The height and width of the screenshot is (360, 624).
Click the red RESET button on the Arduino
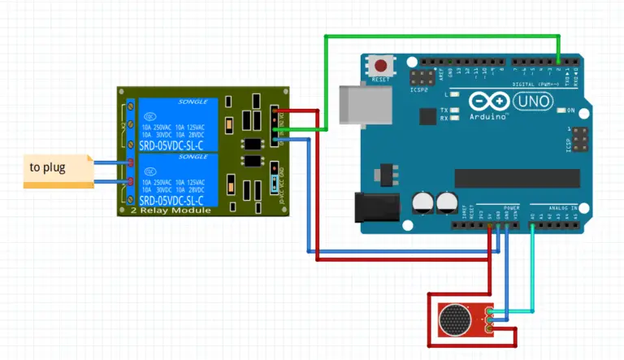coord(379,64)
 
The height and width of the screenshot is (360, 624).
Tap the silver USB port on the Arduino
coord(360,107)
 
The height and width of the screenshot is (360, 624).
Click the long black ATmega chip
coord(517,178)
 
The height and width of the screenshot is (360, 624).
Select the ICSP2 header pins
coord(421,79)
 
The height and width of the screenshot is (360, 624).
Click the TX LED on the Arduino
coord(454,110)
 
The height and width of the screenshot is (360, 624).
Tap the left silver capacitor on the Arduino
coord(422,202)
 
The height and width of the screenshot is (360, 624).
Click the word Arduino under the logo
coord(488,117)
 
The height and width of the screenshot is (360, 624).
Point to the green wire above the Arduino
coord(443,37)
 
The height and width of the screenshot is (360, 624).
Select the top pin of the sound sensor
coord(490,310)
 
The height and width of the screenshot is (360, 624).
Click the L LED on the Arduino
coord(454,95)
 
